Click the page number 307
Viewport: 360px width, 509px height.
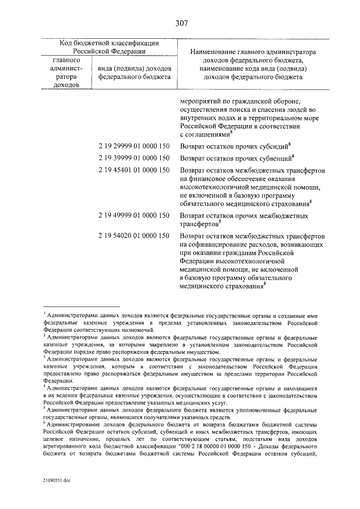pyautogui.click(x=181, y=23)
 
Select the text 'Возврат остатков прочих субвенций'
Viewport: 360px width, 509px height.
pyautogui.click(x=232, y=160)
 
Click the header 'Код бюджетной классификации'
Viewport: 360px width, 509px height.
pyautogui.click(x=110, y=43)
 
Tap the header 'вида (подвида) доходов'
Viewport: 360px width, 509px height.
pyautogui.click(x=133, y=68)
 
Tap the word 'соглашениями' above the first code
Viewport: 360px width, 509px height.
pyautogui.click(x=204, y=135)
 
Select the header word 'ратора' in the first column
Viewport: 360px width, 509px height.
pyautogui.click(x=66, y=76)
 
